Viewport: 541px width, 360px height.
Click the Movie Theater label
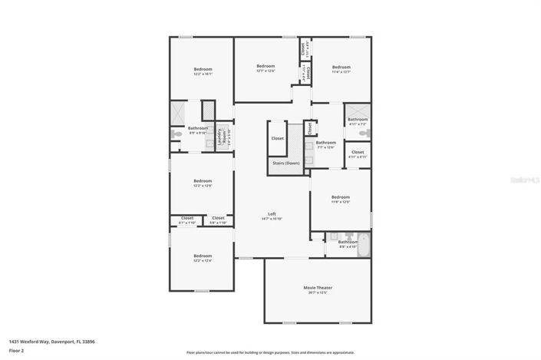[x=318, y=289]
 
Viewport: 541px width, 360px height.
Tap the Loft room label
[x=272, y=216]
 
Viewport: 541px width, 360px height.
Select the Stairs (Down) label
[x=286, y=163]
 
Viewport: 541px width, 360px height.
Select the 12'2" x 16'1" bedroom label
[x=203, y=71]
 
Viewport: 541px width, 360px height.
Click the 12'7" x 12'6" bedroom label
[x=266, y=68]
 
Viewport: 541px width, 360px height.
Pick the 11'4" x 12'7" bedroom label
[x=341, y=69]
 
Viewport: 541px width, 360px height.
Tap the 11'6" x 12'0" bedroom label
[x=340, y=199]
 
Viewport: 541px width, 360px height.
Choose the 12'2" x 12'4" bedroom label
[x=203, y=258]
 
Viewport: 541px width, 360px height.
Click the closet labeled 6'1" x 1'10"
[x=187, y=220]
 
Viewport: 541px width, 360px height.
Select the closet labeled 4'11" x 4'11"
[x=358, y=154]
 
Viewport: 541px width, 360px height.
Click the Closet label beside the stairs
[x=277, y=138]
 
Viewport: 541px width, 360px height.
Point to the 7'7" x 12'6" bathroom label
[x=326, y=144]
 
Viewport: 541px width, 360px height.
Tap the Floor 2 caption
[x=17, y=350]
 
